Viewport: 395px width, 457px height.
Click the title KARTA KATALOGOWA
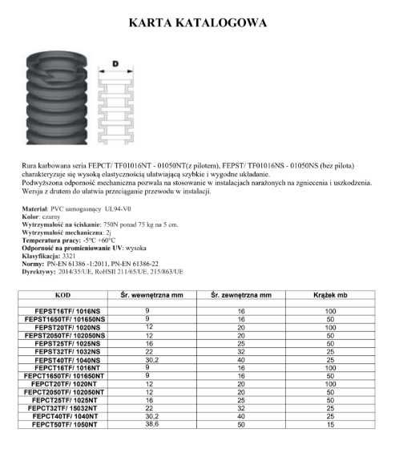[x=198, y=23]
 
